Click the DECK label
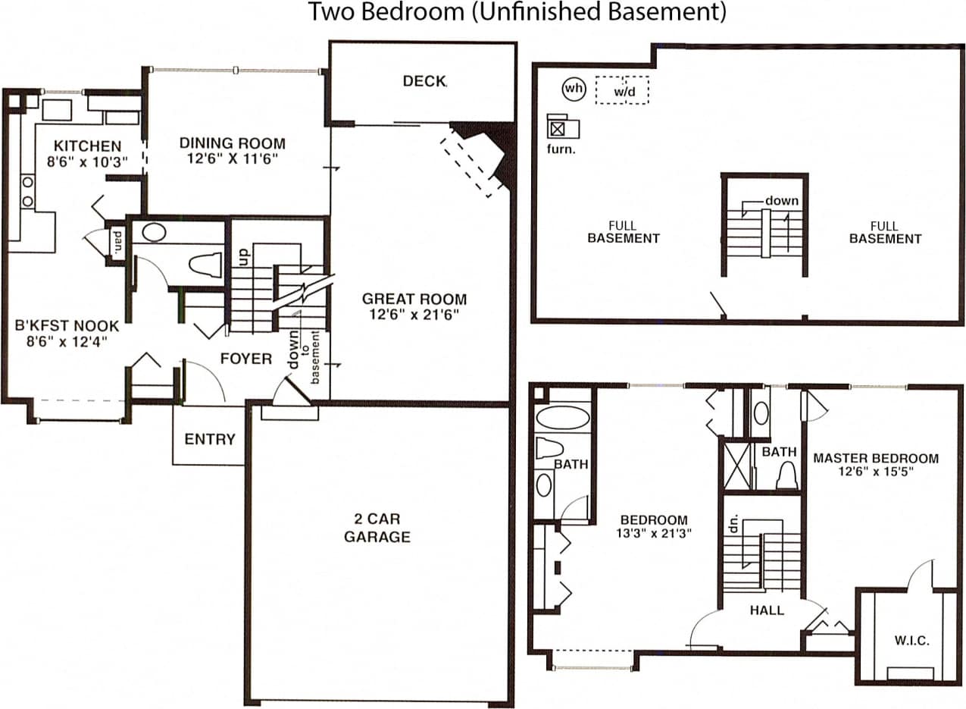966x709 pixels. [x=424, y=81]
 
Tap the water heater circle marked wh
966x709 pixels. [x=574, y=89]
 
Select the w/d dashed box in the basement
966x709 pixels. [x=621, y=90]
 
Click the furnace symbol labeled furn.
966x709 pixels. [x=558, y=128]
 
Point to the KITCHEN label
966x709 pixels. [x=87, y=146]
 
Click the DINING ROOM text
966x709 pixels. [x=232, y=143]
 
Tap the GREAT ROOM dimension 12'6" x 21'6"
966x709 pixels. [x=414, y=314]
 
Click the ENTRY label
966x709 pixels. [x=210, y=439]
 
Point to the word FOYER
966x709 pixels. [x=245, y=359]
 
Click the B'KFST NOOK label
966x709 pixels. [x=67, y=326]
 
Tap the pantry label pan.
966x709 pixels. [x=118, y=243]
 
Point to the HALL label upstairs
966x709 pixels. [x=767, y=610]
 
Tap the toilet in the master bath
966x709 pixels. [x=786, y=476]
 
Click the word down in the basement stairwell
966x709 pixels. [x=781, y=201]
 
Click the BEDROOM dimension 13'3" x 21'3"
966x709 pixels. [x=654, y=533]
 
